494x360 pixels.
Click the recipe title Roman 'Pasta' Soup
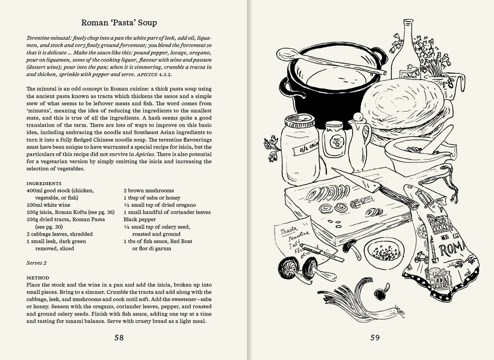(119, 23)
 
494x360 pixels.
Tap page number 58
(119, 337)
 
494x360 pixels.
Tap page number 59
(375, 337)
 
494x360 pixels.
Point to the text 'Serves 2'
(37, 263)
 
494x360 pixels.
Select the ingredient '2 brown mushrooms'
(149, 191)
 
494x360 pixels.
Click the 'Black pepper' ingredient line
(139, 219)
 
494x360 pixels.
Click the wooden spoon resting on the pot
(338, 63)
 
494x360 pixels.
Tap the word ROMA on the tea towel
(452, 251)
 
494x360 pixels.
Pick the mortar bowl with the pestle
(416, 155)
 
